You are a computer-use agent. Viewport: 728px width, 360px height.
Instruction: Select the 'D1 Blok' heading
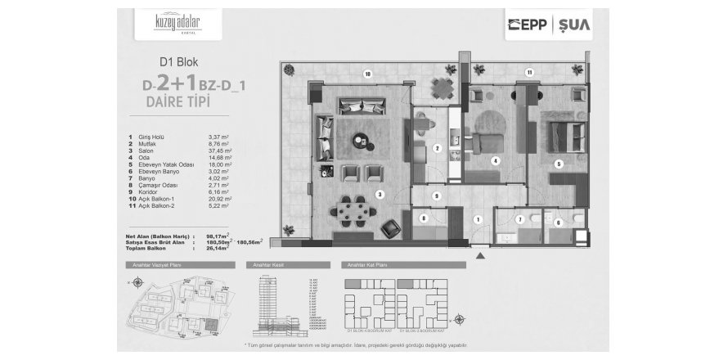[x=178, y=61]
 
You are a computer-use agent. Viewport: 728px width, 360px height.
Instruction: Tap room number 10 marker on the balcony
[x=368, y=74]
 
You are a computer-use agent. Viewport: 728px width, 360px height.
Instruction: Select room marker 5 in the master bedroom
[x=560, y=164]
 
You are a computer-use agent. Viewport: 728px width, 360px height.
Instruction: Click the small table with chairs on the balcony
[x=422, y=123]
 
